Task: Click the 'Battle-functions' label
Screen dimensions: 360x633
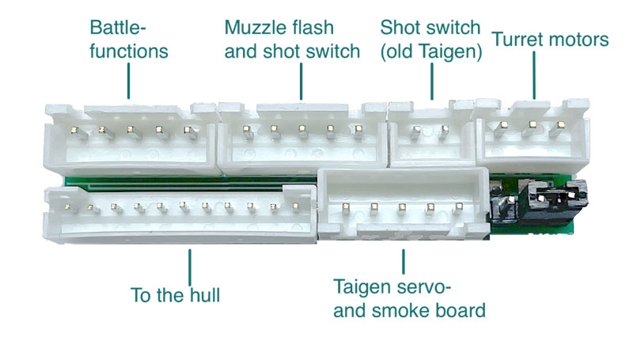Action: (x=129, y=40)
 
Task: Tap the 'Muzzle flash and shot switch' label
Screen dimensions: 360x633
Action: (x=292, y=40)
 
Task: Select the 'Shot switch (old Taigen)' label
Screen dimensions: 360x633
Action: (x=430, y=40)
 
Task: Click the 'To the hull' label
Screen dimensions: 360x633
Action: (x=175, y=296)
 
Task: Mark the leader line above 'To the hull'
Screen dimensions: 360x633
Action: (x=190, y=265)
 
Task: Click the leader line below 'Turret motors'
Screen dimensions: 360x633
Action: (x=535, y=74)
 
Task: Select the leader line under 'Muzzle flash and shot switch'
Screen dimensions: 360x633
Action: (x=302, y=82)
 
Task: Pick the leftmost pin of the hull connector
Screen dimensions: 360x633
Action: (x=69, y=207)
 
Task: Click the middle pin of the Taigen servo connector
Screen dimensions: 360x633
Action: (x=402, y=207)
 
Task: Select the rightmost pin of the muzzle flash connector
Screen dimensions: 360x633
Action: (x=358, y=128)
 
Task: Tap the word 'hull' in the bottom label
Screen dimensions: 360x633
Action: (x=203, y=296)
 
